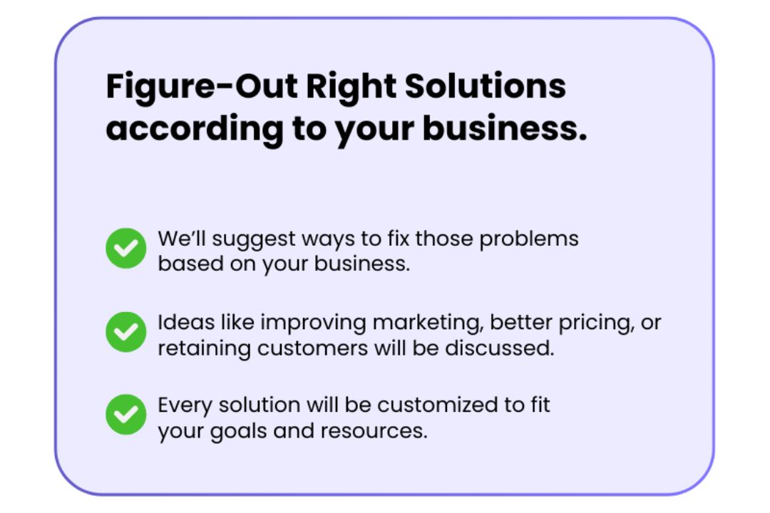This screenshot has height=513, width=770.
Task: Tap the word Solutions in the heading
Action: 486,86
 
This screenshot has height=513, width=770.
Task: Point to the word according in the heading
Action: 195,130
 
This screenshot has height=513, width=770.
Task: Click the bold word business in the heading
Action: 504,128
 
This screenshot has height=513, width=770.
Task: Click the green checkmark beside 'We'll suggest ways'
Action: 126,249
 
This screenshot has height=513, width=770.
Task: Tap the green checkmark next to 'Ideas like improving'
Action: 126,332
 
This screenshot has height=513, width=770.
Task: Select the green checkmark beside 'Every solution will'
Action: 126,415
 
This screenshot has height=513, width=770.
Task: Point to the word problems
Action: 529,239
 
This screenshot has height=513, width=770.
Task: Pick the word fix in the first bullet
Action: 398,239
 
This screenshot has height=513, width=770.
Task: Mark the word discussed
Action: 499,348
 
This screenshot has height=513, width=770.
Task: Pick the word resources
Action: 374,432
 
